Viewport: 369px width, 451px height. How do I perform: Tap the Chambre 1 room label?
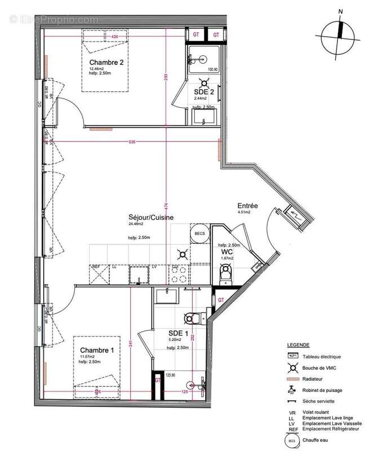pyautogui.click(x=96, y=350)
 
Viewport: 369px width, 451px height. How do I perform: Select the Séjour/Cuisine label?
pyautogui.click(x=150, y=217)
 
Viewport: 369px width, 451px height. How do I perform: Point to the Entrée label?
pyautogui.click(x=247, y=206)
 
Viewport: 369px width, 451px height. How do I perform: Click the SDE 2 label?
pyautogui.click(x=203, y=91)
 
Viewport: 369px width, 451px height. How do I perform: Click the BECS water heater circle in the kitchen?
pyautogui.click(x=199, y=233)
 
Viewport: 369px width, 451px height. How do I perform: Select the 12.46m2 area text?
pyautogui.click(x=96, y=69)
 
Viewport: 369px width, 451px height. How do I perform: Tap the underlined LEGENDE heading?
pyautogui.click(x=298, y=344)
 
